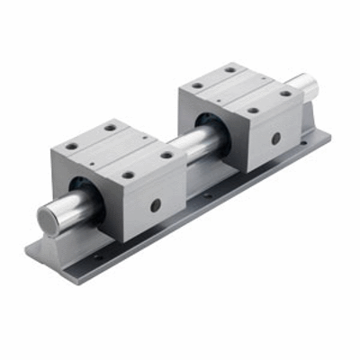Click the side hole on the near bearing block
156,204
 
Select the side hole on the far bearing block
275,138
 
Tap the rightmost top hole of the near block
166,155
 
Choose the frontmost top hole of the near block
128,175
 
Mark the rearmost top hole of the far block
230,69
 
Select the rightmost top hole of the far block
285,93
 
